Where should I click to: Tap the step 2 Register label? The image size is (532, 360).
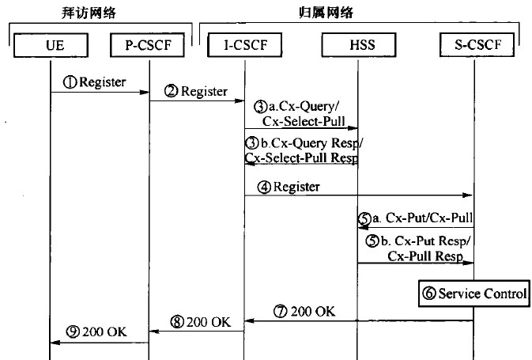[195, 91]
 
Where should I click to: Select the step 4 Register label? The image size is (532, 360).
[289, 188]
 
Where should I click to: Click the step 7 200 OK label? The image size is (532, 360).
[307, 312]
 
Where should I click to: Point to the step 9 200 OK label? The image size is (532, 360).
[97, 332]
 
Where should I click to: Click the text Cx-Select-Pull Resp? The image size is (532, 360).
[301, 157]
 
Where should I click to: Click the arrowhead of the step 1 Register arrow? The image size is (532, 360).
[145, 93]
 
